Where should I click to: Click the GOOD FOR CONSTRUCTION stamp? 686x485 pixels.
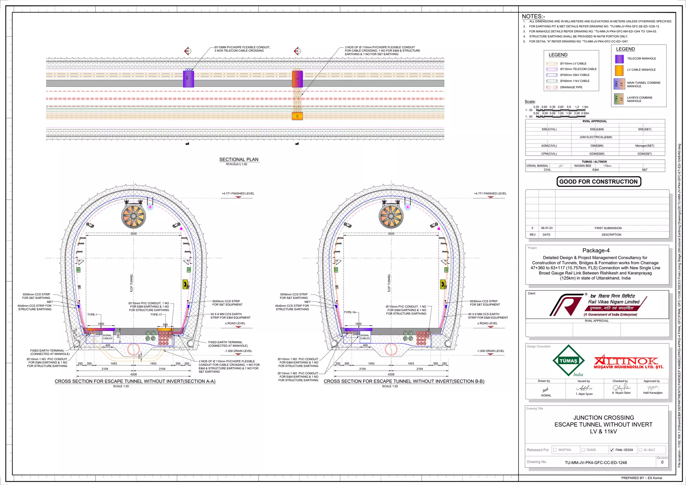click(x=598, y=181)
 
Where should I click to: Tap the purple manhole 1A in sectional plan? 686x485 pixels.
click(x=188, y=79)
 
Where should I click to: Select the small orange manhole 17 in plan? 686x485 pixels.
click(x=297, y=116)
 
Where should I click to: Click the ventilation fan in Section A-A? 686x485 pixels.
click(x=134, y=216)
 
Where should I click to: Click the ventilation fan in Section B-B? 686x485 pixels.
click(x=391, y=216)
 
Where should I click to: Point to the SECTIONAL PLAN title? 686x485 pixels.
click(x=238, y=159)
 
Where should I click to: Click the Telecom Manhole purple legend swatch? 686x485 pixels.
click(x=619, y=59)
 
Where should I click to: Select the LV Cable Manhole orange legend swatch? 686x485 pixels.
click(x=619, y=70)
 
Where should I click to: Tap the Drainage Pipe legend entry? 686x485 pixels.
click(x=571, y=87)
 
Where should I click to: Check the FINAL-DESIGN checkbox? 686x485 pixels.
click(x=612, y=450)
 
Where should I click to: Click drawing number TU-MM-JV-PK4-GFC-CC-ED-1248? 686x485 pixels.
click(x=596, y=463)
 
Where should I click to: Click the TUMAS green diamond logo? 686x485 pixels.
click(x=568, y=361)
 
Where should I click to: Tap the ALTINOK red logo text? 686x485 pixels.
click(x=626, y=361)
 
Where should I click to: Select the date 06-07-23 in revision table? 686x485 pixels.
click(x=547, y=228)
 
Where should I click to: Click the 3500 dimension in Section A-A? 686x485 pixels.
click(x=133, y=233)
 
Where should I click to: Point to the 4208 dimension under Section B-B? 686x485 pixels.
click(x=391, y=374)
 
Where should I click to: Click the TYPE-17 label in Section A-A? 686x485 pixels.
click(x=156, y=315)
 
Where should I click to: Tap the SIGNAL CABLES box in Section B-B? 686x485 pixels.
click(x=365, y=337)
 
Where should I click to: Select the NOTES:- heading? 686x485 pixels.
click(x=533, y=16)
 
